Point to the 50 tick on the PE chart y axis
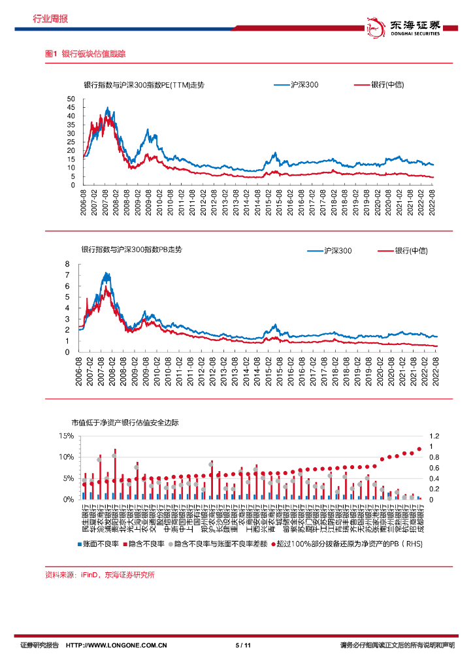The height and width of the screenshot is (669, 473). [71, 99]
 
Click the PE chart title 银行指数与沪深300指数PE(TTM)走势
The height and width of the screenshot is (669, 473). [144, 86]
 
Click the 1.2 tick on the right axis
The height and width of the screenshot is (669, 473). [434, 436]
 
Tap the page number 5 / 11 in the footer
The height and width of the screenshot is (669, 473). [243, 645]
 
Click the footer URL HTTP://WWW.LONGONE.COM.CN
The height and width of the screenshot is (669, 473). [118, 645]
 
